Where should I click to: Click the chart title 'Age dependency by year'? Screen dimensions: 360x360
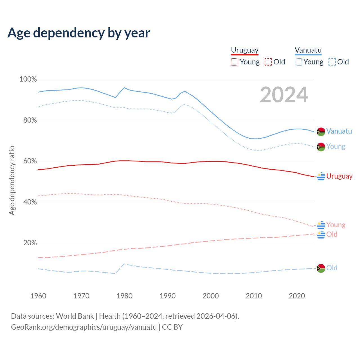pos(79,33)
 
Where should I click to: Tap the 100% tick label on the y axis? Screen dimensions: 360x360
pos(28,79)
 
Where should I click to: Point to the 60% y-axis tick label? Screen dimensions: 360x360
pos(30,161)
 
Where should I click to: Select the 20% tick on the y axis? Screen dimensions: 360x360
pos(30,243)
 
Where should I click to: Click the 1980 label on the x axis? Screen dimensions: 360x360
pos(125,296)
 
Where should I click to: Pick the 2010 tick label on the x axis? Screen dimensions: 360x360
pos(254,296)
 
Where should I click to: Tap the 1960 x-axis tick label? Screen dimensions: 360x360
pos(38,296)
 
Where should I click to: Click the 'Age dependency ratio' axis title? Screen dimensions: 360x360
pos(12,180)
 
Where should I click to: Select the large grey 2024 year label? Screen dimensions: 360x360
pos(284,95)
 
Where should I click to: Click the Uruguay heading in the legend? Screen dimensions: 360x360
pos(245,50)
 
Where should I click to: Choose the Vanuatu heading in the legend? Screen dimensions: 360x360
pos(308,50)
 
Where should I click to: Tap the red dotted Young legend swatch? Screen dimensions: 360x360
pos(235,62)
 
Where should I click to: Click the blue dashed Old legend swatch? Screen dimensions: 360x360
pos(332,62)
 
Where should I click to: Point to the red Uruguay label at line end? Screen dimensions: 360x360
pos(339,176)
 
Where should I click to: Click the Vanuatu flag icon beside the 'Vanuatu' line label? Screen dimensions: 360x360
pos(321,132)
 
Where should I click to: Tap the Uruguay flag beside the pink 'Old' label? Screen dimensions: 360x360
pos(321,234)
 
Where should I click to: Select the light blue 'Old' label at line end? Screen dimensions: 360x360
pos(332,268)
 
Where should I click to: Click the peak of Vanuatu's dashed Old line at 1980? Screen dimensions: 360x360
pos(124,264)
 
